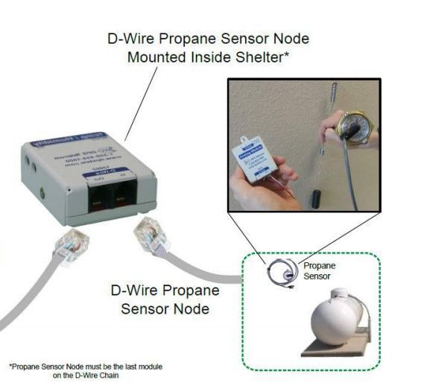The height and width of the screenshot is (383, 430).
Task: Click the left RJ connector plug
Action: coord(72,244)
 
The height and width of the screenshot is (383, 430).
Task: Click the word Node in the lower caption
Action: coord(194,306)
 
